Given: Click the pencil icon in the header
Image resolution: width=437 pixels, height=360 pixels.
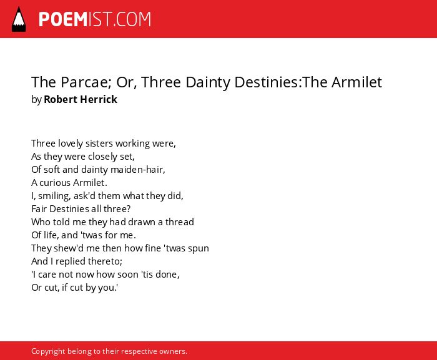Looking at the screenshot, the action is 19,19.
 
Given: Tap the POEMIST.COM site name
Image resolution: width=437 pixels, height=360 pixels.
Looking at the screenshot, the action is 95,19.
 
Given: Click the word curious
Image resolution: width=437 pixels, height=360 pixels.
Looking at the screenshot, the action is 55,183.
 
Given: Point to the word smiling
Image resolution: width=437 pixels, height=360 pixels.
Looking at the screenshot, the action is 54,196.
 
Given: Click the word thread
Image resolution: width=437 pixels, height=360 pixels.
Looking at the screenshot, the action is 180,222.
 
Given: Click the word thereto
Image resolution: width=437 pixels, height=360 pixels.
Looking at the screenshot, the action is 105,261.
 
